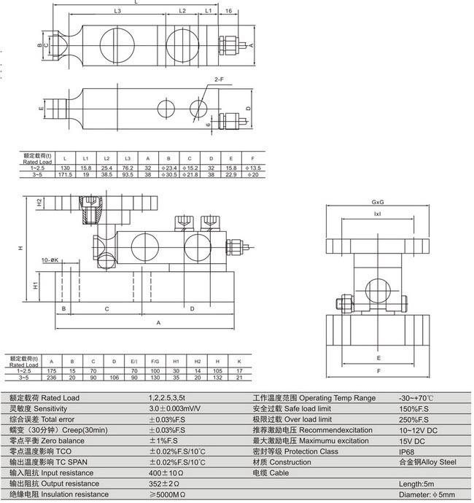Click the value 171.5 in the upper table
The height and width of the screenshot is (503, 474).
click(x=65, y=175)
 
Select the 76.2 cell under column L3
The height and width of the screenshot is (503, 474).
click(x=128, y=168)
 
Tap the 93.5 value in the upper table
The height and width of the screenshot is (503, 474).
click(x=128, y=175)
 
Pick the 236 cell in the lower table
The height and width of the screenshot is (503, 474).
click(x=51, y=378)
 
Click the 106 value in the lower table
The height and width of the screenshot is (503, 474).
click(x=114, y=378)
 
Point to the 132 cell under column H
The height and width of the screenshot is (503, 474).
click(x=217, y=378)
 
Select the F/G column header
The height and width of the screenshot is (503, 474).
click(x=155, y=362)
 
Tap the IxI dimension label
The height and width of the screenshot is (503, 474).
click(x=377, y=214)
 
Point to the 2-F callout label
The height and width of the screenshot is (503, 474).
click(x=218, y=78)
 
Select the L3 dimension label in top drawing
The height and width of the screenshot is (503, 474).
click(x=118, y=12)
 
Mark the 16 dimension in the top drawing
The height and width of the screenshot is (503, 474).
click(x=229, y=12)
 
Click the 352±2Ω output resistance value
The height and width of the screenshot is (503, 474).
click(x=164, y=483)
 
